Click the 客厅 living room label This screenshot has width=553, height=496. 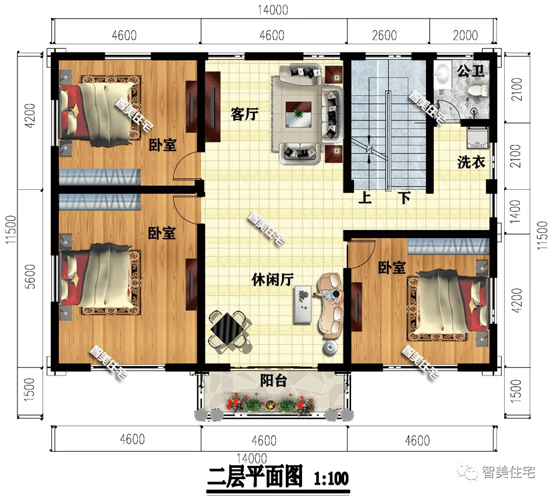pyautogui.click(x=244, y=114)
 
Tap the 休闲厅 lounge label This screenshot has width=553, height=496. pyautogui.click(x=272, y=279)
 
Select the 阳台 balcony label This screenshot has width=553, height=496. pyautogui.click(x=272, y=381)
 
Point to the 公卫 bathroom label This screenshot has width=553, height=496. pyautogui.click(x=470, y=72)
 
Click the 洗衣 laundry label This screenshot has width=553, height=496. pyautogui.click(x=471, y=162)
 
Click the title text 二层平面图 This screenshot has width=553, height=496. pyautogui.click(x=256, y=479)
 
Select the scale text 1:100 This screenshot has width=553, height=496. pyautogui.click(x=331, y=479)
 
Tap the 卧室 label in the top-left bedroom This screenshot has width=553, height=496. pyautogui.click(x=162, y=144)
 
